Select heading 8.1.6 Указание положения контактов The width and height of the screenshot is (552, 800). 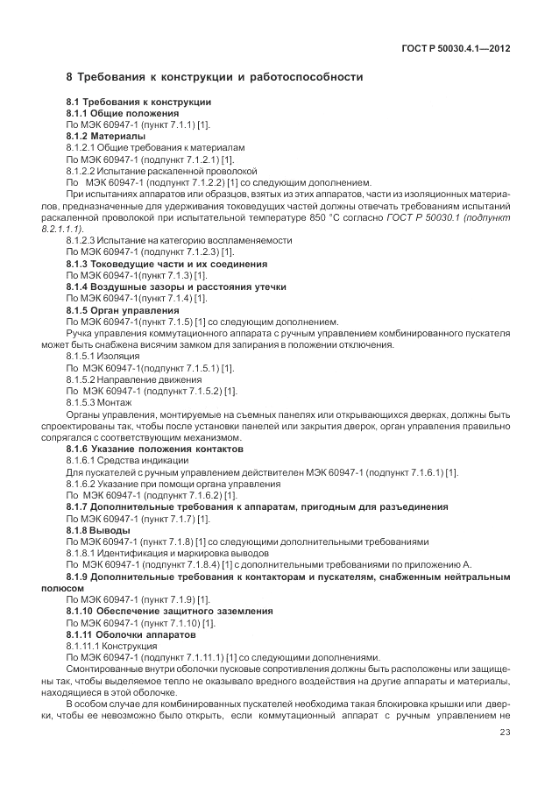tap(155, 448)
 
